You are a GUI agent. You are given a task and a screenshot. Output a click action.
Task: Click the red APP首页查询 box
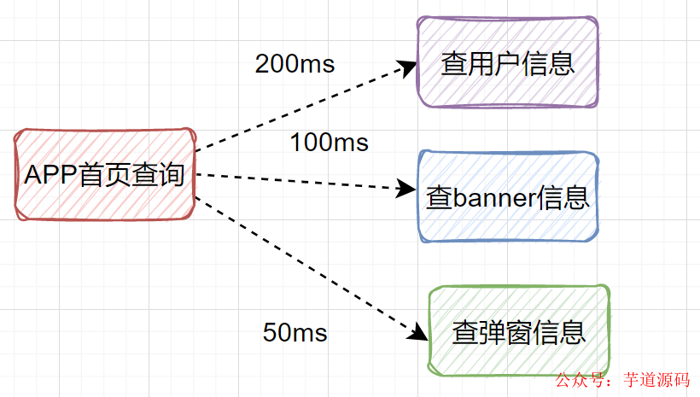[105, 175]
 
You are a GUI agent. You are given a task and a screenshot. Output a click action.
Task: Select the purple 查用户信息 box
[507, 61]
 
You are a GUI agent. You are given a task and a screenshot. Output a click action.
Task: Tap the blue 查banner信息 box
[507, 197]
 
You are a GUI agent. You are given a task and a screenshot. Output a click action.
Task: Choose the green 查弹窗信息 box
[519, 331]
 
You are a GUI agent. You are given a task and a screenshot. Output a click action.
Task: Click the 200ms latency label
[295, 64]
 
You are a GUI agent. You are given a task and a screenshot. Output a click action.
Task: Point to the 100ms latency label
[330, 142]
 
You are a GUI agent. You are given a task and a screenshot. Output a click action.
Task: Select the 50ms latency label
[295, 333]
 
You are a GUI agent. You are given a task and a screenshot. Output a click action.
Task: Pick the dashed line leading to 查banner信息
[299, 182]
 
